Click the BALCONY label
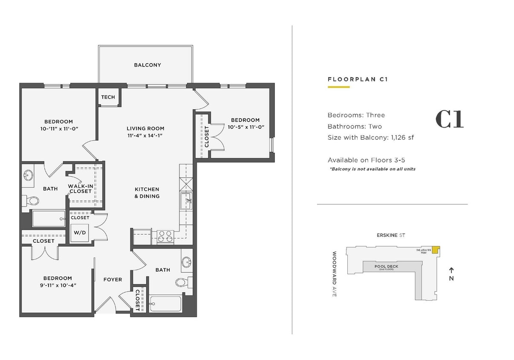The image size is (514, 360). (x=147, y=65)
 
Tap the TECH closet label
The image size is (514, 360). (x=108, y=97)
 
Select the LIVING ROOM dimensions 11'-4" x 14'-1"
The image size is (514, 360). (x=145, y=135)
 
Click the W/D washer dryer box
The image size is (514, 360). (x=80, y=233)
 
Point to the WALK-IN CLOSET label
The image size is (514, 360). (x=80, y=189)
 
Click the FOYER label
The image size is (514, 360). (x=113, y=280)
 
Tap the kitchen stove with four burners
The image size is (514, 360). (x=165, y=236)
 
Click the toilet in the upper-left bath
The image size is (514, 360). (x=32, y=200)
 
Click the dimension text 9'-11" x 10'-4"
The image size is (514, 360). (x=57, y=285)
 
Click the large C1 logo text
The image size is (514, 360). (x=449, y=119)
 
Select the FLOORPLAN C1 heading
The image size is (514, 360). (x=357, y=79)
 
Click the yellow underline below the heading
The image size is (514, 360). (x=338, y=87)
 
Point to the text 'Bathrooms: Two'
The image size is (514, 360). (x=355, y=126)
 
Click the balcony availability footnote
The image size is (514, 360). (x=372, y=169)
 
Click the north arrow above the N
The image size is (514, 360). (x=451, y=270)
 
